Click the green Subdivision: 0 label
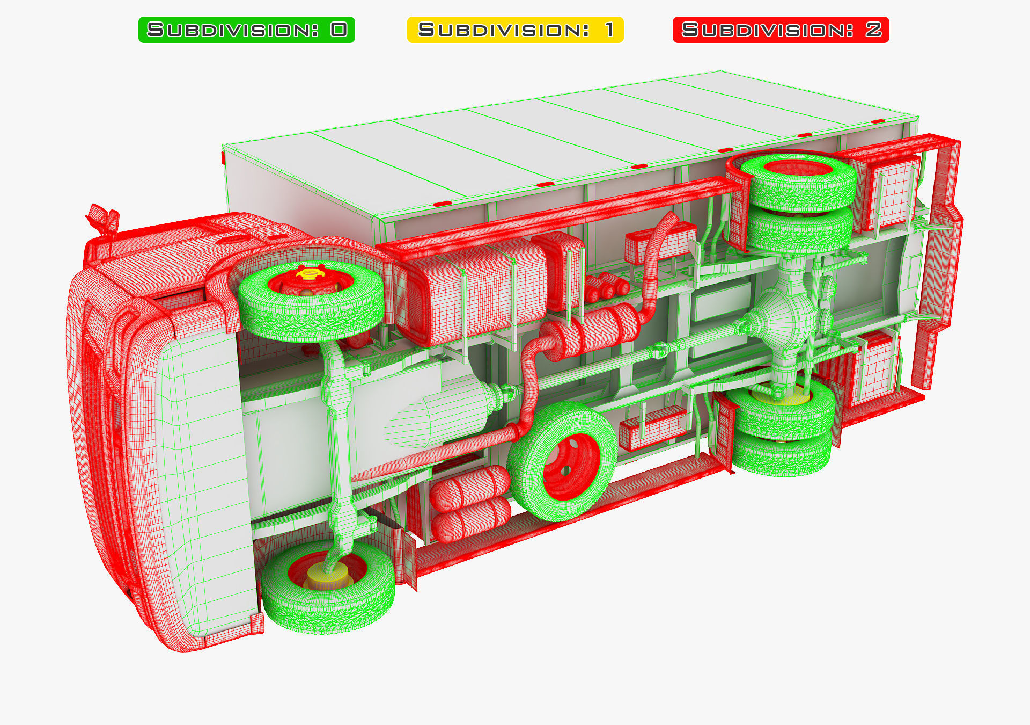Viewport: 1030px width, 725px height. click(x=246, y=30)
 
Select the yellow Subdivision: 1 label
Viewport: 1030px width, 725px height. click(x=515, y=30)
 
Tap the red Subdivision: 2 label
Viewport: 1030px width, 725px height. click(x=781, y=30)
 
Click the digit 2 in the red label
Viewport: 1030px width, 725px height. click(x=873, y=30)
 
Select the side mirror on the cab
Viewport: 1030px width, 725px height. click(x=102, y=218)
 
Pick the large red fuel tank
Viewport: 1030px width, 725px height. click(x=472, y=293)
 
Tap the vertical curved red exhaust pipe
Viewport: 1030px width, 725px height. click(x=657, y=252)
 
